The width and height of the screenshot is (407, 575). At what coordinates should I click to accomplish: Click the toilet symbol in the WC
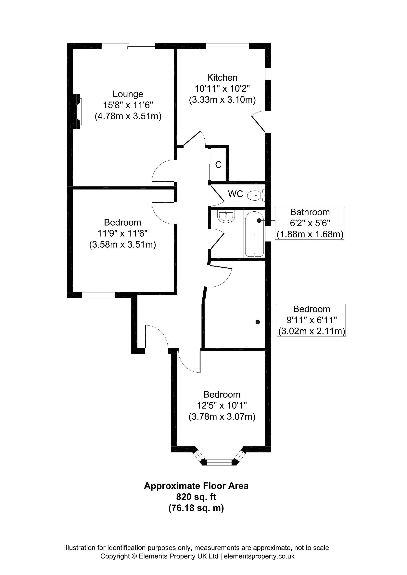pos(256,195)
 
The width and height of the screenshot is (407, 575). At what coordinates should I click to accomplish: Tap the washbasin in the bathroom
pos(226,216)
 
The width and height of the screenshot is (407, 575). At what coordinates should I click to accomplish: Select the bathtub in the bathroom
pos(254,234)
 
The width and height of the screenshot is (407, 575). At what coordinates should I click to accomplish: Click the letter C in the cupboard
pos(218,165)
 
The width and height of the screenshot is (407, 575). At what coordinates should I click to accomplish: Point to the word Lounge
pos(128,94)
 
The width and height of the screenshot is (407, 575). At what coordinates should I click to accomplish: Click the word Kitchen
pos(222,77)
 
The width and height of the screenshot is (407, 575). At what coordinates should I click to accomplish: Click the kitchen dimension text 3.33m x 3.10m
pos(222,100)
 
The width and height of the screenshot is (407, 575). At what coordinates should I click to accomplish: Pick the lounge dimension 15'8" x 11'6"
pos(128,105)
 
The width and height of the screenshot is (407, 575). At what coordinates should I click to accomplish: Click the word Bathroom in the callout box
pos(310,212)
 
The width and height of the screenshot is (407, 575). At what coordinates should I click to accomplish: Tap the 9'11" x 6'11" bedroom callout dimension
pos(312,320)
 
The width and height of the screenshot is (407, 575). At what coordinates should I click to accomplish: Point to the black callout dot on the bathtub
pos(259,220)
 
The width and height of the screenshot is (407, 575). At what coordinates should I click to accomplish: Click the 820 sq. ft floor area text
pos(196,496)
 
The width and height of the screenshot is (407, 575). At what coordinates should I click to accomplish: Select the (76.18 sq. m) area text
pos(196,508)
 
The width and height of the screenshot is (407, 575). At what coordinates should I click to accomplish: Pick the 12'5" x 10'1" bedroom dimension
pos(222,405)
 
